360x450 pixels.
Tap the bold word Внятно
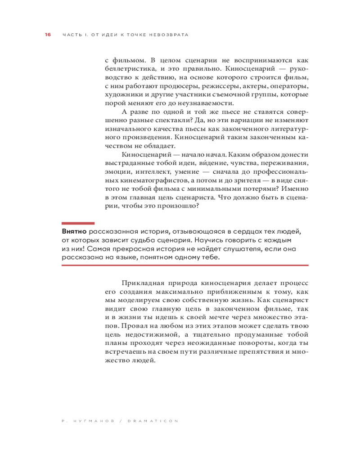[x=74, y=231]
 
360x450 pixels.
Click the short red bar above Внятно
[x=78, y=223]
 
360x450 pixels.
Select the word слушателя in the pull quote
[x=227, y=248]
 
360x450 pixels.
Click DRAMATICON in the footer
[x=153, y=421]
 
